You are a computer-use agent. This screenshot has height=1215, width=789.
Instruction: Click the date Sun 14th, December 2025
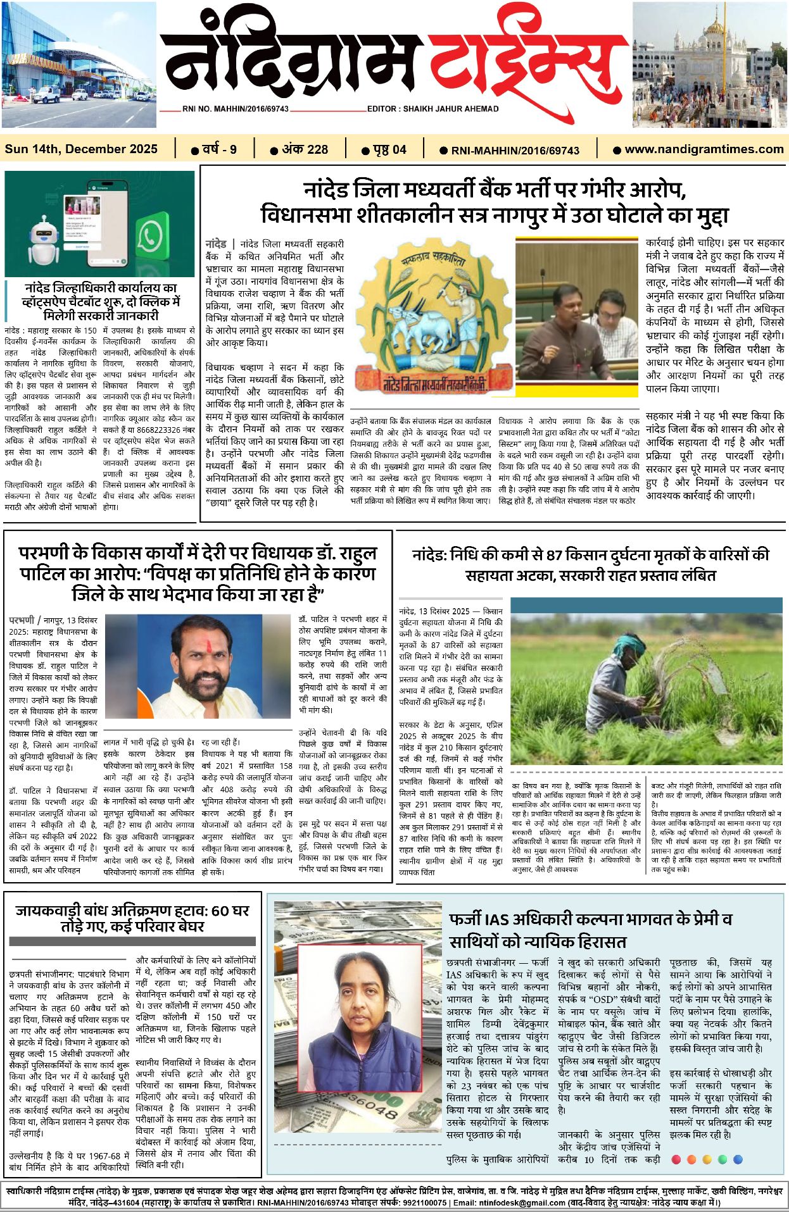(81, 149)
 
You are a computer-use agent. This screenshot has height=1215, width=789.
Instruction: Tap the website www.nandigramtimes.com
(704, 149)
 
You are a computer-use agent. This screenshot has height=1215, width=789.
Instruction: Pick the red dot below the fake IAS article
(676, 1159)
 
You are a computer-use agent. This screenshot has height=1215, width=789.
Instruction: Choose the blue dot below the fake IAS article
(737, 1159)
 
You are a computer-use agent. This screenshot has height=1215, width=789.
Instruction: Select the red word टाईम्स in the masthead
(526, 60)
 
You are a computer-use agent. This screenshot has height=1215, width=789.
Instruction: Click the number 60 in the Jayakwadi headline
(220, 911)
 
